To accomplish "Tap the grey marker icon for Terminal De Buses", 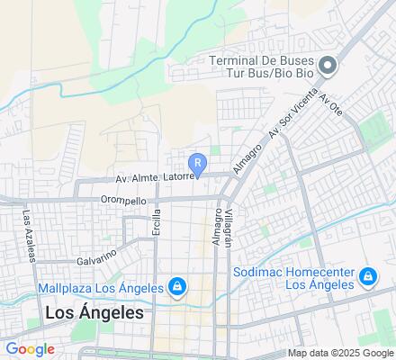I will (328, 65).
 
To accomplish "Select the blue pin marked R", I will (197, 164).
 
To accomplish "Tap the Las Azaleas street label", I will (29, 236).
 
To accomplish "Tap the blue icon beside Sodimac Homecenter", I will (367, 276).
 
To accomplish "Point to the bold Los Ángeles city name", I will (94, 313).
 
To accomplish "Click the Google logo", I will (29, 348).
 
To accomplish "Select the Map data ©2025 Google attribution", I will (340, 353).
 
